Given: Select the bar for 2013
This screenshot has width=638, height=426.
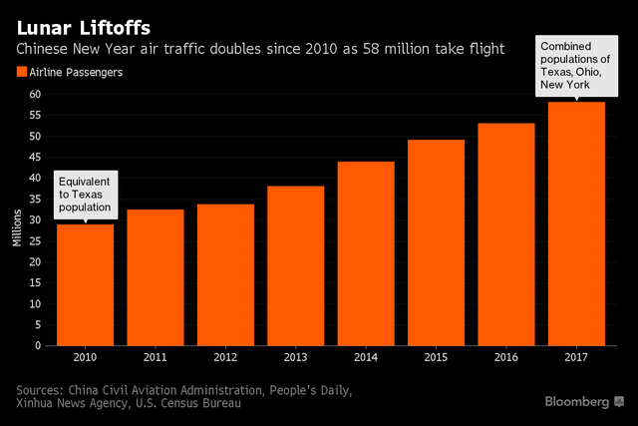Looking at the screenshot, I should point(294,265).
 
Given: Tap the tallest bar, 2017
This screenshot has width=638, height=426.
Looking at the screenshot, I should point(575,223).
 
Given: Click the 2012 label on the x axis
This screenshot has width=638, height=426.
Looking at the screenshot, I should point(224,356).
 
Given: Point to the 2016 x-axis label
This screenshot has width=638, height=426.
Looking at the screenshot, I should point(505,356).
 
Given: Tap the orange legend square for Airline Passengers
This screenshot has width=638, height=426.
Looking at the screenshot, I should point(22,71).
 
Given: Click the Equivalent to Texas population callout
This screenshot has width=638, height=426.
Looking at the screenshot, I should point(85,195).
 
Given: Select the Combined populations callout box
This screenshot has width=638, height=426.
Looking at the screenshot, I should point(575,65).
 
